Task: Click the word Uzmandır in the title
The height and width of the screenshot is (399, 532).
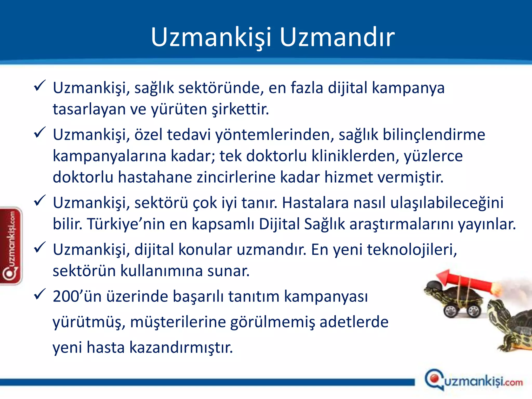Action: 337,37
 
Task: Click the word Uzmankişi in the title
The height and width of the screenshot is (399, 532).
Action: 211,37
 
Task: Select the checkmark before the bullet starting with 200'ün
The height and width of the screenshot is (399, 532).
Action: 40,294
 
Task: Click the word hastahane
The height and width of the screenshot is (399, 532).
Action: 155,177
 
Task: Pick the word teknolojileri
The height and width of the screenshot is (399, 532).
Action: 412,250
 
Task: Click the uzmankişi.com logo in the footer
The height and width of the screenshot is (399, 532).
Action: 473,381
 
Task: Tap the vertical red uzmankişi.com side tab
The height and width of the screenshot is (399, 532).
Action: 11,245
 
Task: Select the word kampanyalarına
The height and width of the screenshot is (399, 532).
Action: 109,156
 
